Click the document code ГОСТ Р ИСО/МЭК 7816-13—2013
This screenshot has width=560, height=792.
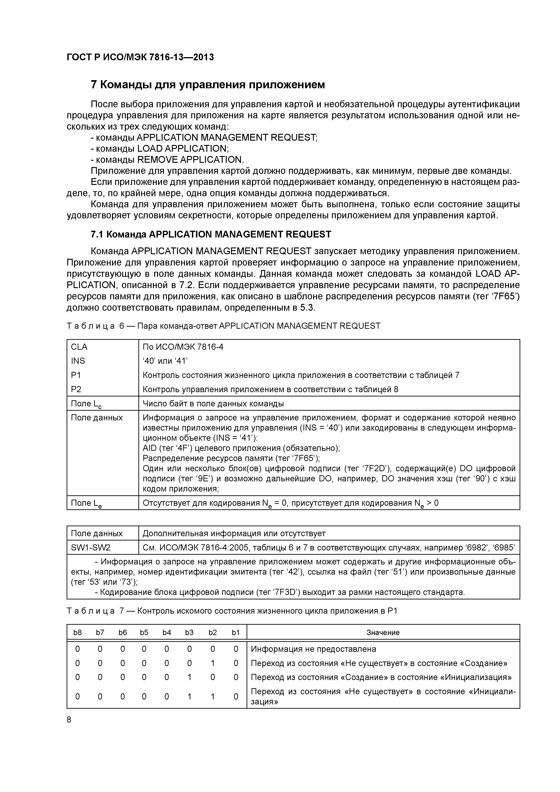140,57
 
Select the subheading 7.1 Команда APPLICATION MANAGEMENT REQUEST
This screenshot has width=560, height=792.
210,235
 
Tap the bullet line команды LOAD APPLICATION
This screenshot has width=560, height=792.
159,149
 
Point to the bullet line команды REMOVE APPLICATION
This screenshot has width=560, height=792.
167,160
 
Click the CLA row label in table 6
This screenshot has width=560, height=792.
79,347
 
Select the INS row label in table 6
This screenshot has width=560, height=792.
78,361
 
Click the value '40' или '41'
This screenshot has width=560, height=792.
165,361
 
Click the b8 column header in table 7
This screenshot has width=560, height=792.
78,633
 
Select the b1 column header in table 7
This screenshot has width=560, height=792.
236,633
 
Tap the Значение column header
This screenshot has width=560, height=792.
383,633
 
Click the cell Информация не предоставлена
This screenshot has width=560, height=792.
313,649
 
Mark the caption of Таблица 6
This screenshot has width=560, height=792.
223,326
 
